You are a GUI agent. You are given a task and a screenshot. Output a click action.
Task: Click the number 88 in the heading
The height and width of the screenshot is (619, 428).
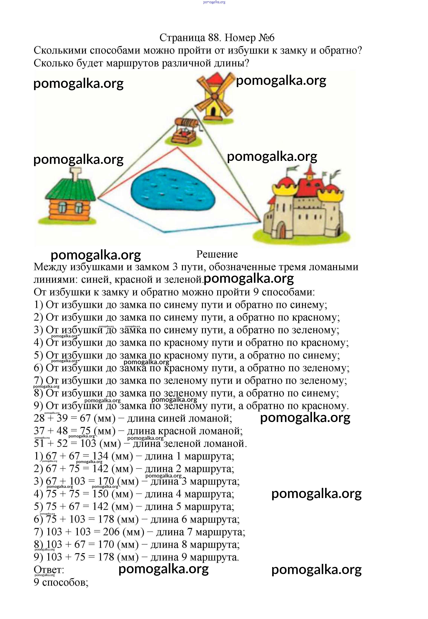(213, 38)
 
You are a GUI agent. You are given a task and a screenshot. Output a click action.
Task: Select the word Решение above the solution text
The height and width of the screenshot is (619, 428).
(217, 254)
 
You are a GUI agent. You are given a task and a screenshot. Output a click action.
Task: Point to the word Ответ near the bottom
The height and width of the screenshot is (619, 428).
(48, 570)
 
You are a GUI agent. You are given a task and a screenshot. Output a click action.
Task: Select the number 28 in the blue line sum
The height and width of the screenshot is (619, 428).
(39, 418)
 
